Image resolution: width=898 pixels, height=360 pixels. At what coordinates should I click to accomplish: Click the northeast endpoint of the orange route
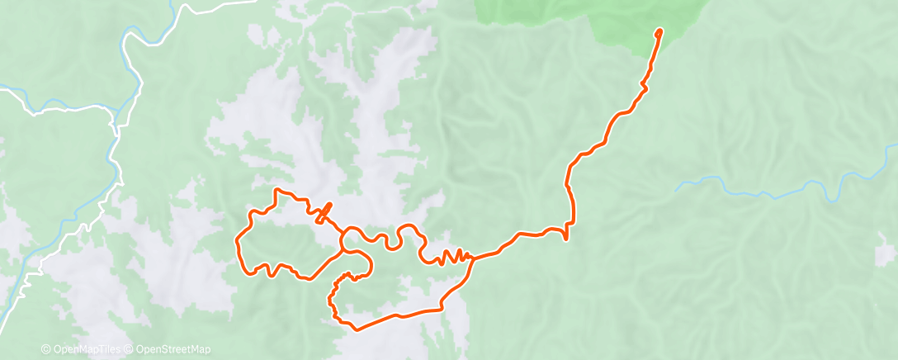point(659,32)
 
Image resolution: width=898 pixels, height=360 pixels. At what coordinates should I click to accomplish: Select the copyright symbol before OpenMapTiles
point(45,349)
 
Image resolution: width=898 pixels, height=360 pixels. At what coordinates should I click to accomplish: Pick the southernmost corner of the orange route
point(355,329)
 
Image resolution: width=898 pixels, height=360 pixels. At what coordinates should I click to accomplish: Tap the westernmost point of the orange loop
point(238,242)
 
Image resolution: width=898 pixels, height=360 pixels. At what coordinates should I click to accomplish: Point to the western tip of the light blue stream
point(678,190)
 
